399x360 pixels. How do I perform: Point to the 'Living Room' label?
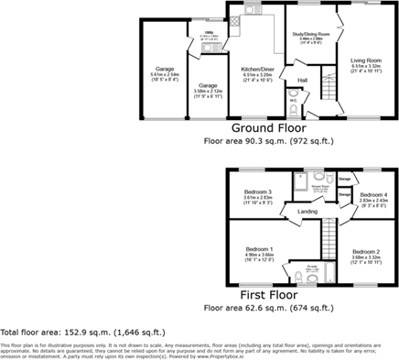coord(365,58)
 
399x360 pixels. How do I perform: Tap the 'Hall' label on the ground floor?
coord(301,81)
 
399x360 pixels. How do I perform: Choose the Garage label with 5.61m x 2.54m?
coord(164,69)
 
